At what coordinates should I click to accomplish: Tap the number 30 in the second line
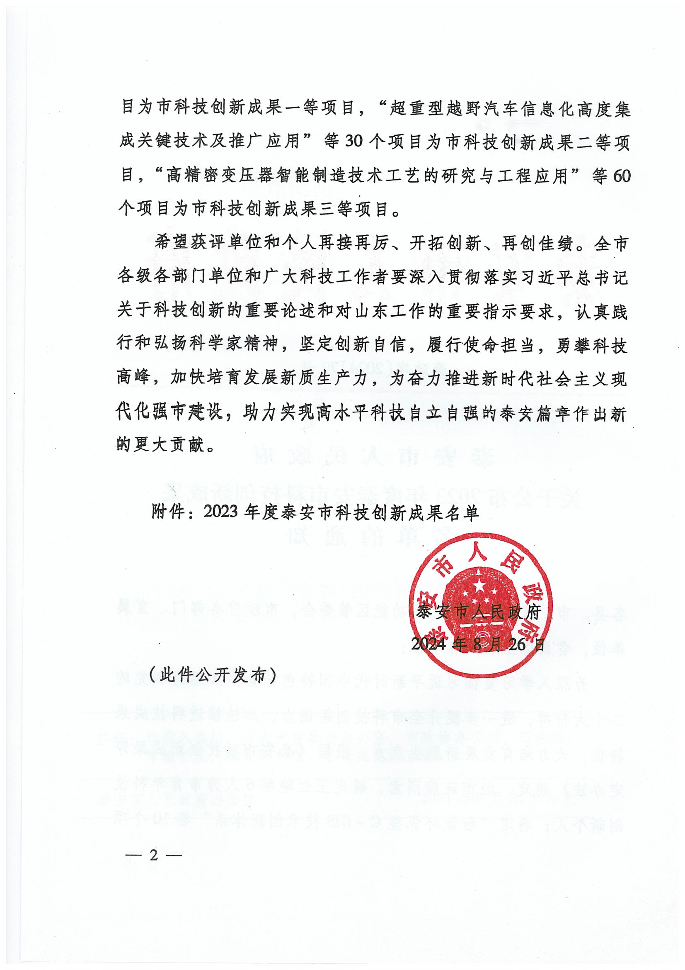[x=353, y=141]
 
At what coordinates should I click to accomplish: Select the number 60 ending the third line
[x=621, y=175]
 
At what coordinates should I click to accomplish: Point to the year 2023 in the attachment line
[x=221, y=512]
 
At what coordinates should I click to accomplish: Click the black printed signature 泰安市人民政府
[x=479, y=611]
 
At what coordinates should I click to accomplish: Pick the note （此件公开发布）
[x=213, y=675]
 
